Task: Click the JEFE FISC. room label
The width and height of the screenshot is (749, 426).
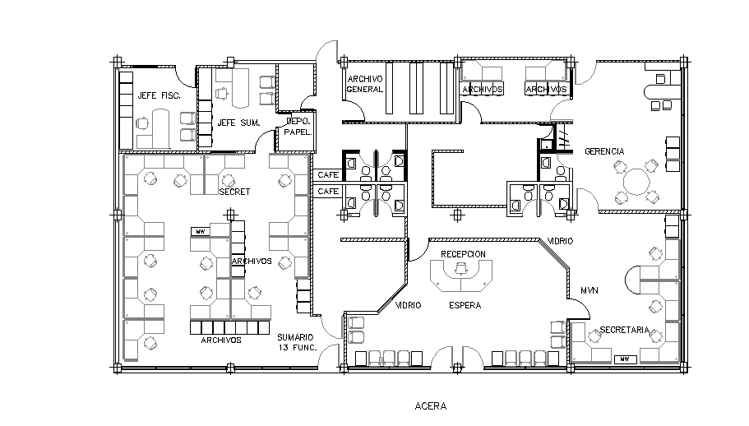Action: pos(159,95)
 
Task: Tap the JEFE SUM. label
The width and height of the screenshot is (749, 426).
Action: pos(238,123)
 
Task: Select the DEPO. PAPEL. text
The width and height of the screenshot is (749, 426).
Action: pos(296,126)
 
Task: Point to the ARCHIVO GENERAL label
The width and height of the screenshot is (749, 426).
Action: pos(365,84)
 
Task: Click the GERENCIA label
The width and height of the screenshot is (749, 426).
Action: pos(604,151)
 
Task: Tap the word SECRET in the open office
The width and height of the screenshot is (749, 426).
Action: pos(234,192)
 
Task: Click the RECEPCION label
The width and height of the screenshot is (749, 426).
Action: pos(463,253)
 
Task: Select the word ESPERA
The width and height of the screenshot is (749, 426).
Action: pos(465,305)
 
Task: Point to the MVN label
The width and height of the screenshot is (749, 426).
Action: pos(589,290)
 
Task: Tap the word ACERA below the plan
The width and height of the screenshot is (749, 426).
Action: pos(431,405)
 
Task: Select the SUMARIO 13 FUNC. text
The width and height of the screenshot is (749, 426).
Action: pos(295,342)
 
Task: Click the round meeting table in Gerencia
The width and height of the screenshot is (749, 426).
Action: pos(636,180)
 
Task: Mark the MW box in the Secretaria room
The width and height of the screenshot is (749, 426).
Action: pos(626,359)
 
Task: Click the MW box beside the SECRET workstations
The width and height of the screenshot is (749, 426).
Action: pos(200,232)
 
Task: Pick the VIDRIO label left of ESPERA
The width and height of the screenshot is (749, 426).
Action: pos(409,305)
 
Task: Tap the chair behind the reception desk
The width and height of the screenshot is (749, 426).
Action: pos(461,267)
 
